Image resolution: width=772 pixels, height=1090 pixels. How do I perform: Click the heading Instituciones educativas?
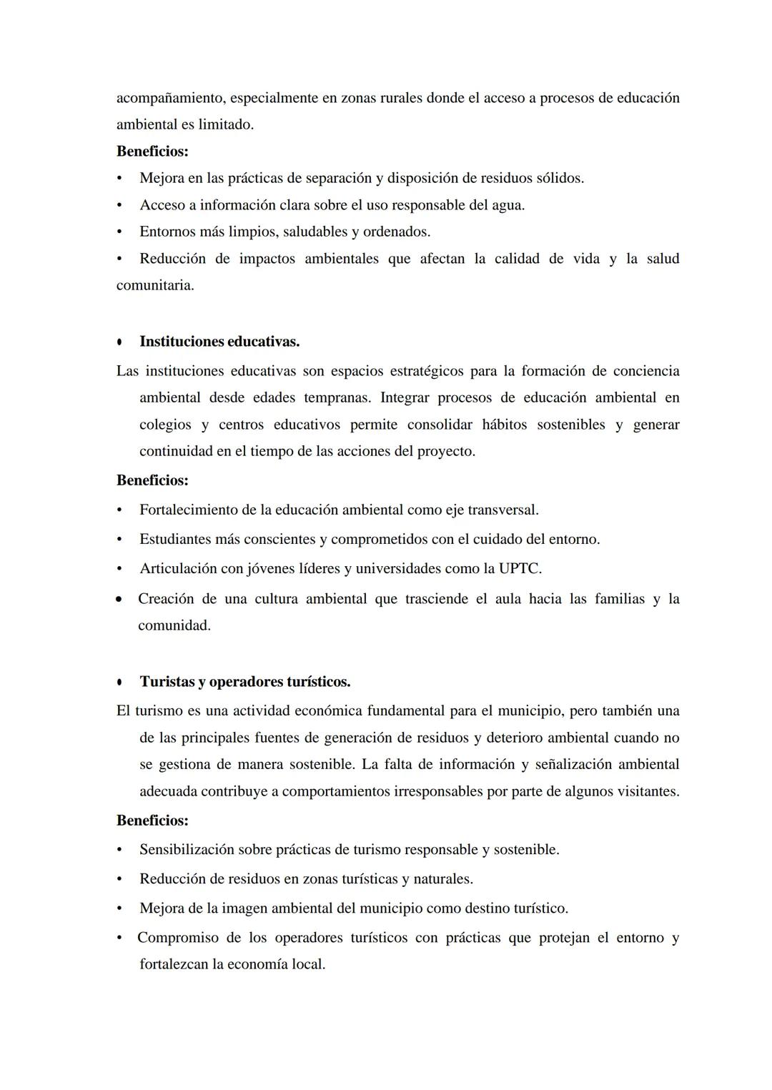point(219,342)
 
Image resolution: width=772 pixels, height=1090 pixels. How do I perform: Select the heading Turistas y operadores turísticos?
point(244,682)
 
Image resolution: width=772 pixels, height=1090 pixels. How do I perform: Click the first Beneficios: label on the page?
point(152,152)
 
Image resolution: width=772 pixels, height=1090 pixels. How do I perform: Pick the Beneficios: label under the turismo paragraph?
point(152,821)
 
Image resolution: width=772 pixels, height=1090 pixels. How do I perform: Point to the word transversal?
point(504,510)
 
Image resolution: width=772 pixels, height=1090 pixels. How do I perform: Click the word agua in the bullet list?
point(508,205)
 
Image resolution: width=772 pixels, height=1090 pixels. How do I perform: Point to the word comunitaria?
point(154,285)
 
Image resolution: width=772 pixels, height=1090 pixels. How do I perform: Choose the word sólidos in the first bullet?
point(559,178)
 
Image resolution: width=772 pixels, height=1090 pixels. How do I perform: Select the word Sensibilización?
point(187,850)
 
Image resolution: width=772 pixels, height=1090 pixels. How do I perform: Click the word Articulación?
point(179,569)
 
